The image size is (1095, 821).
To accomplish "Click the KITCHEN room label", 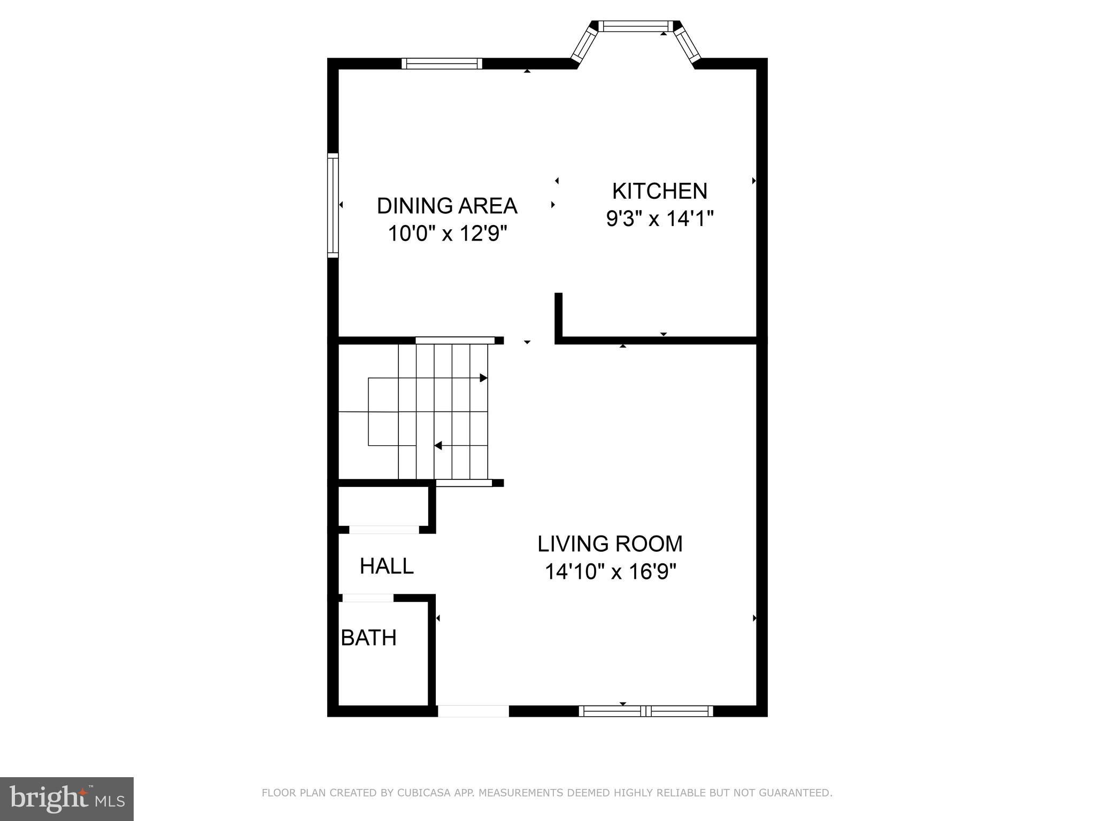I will coord(659,191).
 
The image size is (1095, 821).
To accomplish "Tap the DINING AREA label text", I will coord(447,206).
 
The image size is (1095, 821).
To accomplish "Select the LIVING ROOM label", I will coord(610,544).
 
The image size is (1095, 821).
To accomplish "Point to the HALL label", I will coord(387,566).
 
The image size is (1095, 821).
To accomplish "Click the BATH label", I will coord(369,638).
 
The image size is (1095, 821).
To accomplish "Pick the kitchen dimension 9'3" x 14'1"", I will coord(660,219).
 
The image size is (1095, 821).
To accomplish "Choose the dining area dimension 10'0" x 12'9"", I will coord(447,234).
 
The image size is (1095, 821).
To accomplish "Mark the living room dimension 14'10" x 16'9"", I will coord(611,572).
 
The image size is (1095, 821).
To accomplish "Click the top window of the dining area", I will coord(442,64).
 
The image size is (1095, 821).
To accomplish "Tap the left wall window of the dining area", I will coord(333,205).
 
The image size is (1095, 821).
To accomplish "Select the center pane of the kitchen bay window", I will coord(636,26).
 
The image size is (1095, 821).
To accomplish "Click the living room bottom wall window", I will coord(646,711).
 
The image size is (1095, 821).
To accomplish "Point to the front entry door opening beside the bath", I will coord(473,711).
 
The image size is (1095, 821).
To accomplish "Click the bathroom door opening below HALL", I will coord(367,598).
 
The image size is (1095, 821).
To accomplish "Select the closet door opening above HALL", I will coord(384,530).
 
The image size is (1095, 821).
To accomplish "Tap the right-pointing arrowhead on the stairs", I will coord(483,378).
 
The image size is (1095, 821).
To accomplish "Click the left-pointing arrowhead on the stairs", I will coord(438,445).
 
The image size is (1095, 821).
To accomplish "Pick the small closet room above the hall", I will coord(383,506).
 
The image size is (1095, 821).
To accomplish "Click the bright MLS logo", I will coord(67,799).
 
